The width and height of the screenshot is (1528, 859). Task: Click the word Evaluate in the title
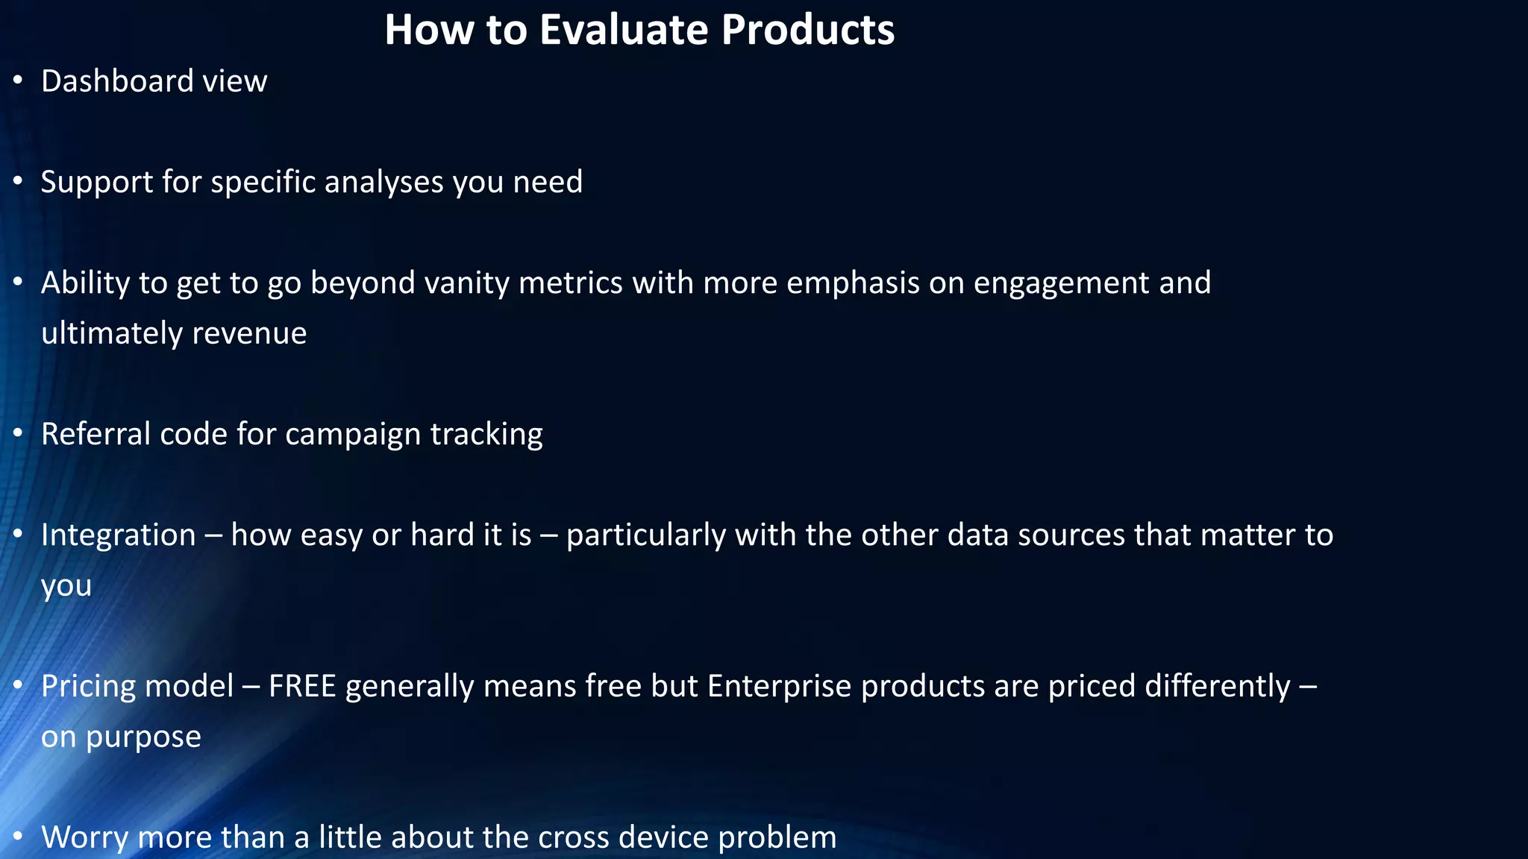pyautogui.click(x=624, y=30)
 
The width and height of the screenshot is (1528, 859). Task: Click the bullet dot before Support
pyautogui.click(x=18, y=180)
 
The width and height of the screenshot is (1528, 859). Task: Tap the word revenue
pyautogui.click(x=249, y=333)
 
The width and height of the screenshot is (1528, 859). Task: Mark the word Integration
pyautogui.click(x=118, y=535)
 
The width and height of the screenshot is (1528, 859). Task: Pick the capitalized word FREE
pyautogui.click(x=302, y=686)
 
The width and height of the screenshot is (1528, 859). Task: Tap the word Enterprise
pyautogui.click(x=779, y=687)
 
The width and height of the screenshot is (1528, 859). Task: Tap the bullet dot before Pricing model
pyautogui.click(x=18, y=685)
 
